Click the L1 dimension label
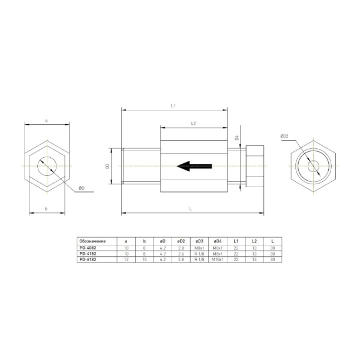click(x=173, y=106)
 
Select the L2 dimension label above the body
click(x=193, y=123)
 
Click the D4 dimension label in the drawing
click(x=237, y=137)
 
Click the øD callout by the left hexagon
click(x=81, y=188)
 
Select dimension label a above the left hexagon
click(x=47, y=121)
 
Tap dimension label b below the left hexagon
click(x=47, y=208)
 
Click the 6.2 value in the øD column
click(x=163, y=259)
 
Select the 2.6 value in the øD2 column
click(x=181, y=253)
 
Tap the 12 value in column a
click(x=126, y=259)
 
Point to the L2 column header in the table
click(x=254, y=241)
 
